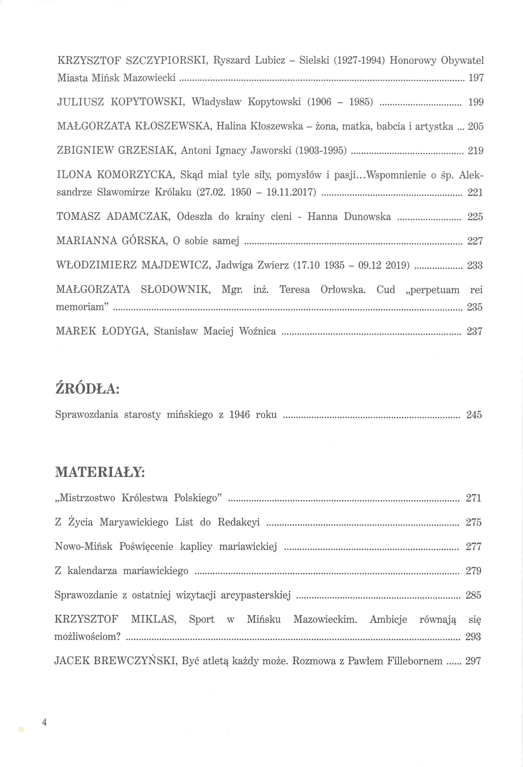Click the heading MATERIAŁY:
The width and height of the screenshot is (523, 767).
(100, 472)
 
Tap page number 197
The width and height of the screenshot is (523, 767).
(476, 78)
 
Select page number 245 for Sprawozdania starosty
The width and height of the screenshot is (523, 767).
(474, 414)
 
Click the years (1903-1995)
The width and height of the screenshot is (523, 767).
(321, 151)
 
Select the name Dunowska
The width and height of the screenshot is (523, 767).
(367, 217)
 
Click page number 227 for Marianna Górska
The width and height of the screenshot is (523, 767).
(475, 241)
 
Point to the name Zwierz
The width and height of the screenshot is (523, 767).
(273, 265)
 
